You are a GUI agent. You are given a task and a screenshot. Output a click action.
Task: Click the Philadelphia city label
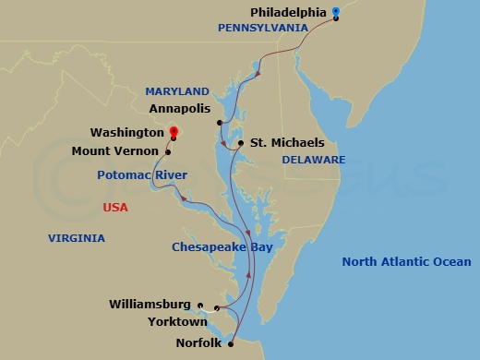click(x=288, y=12)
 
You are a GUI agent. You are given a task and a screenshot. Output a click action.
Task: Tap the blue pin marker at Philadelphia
click(x=336, y=12)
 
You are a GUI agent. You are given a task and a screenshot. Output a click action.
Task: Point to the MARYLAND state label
click(x=177, y=91)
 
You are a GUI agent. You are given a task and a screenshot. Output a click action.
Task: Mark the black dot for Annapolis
click(x=220, y=122)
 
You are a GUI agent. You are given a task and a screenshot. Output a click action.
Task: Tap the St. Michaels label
click(x=288, y=143)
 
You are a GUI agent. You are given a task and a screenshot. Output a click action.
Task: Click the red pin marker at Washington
click(x=174, y=135)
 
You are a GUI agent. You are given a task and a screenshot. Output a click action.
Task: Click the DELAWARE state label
click(x=314, y=160)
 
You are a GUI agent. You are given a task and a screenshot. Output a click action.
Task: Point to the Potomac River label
click(x=143, y=174)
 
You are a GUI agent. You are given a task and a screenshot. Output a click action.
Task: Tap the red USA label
click(x=115, y=208)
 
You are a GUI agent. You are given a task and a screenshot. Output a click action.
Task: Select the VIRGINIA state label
click(x=77, y=238)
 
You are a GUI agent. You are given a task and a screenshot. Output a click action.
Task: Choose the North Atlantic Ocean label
click(x=406, y=262)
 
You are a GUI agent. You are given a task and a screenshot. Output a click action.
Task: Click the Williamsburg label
click(x=150, y=304)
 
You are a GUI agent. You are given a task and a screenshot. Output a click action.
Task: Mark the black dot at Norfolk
click(x=231, y=343)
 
